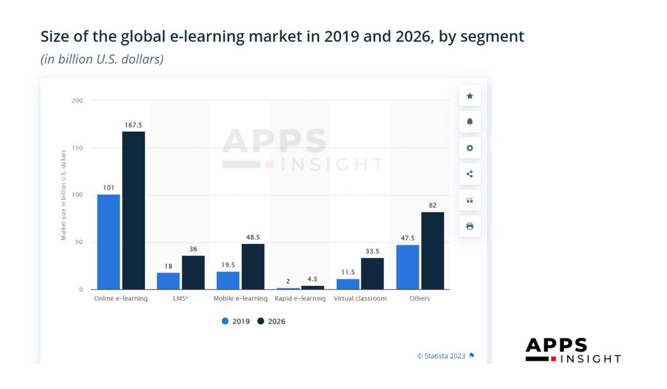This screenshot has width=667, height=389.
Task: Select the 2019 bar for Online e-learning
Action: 108,242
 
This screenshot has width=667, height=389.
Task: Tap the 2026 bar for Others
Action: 432,251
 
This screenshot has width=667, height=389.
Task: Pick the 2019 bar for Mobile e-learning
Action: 228,280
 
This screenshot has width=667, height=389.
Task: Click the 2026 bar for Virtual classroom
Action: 372,273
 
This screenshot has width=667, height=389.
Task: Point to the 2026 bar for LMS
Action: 193,272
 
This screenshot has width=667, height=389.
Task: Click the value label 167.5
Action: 133,125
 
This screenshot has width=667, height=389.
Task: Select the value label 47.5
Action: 407,238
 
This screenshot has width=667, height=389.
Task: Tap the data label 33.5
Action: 372,251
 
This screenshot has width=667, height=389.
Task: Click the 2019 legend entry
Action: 236,321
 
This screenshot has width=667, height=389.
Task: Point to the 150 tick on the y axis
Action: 77,148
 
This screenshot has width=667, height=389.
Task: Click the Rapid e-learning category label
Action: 300,298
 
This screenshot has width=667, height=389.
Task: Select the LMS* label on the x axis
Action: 181,298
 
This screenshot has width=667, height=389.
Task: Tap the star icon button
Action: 470,96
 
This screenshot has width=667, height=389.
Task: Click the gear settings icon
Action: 470,148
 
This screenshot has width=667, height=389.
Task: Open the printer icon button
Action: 470,226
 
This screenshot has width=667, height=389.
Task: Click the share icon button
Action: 470,174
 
